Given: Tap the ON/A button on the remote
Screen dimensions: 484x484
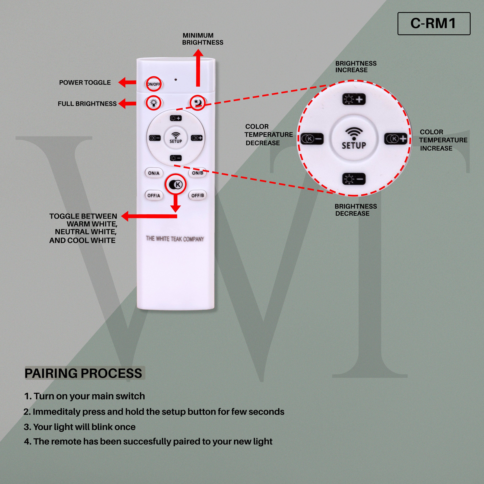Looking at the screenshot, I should [154, 173].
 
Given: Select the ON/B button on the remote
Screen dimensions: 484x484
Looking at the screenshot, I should [197, 173].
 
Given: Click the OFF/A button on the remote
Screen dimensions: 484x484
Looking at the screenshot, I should [154, 195].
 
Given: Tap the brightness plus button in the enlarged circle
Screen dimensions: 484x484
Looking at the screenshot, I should [354, 99].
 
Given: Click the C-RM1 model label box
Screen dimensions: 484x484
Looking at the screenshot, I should [434, 24].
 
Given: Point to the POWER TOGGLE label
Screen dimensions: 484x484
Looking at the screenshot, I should [85, 82].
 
